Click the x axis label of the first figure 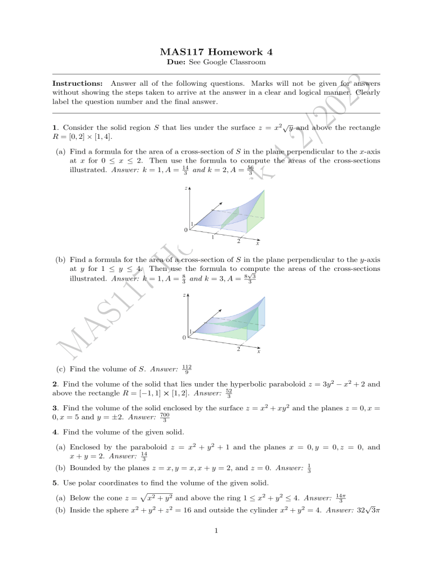(x=258, y=244)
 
